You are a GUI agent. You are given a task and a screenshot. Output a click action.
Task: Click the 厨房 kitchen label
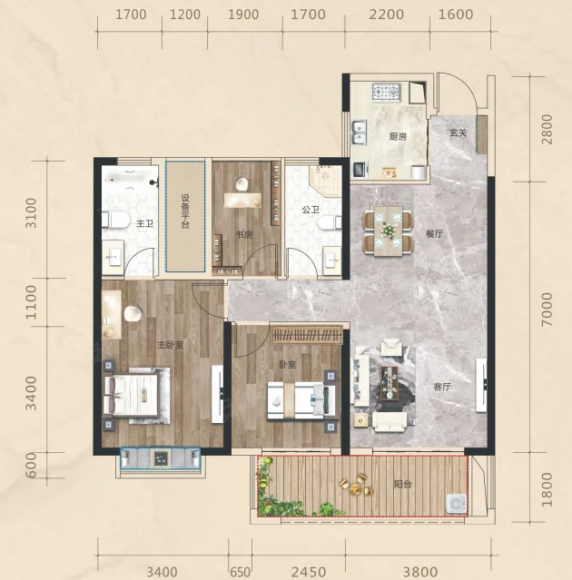[398, 136]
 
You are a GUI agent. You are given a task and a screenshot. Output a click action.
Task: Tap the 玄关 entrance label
[458, 133]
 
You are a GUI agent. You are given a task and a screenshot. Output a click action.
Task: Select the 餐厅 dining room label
[434, 234]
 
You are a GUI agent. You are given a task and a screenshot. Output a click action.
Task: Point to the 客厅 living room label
[442, 387]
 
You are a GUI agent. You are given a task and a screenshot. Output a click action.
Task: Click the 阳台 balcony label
[402, 484]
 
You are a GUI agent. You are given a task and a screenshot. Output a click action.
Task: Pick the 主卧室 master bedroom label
[170, 345]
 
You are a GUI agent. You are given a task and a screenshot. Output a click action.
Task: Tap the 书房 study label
[244, 235]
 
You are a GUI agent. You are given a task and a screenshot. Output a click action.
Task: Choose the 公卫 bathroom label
[311, 210]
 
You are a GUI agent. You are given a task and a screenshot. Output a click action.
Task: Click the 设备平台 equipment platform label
[185, 211]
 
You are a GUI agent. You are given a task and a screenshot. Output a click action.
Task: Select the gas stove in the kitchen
[386, 92]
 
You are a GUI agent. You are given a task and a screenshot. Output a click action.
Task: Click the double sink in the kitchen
[358, 133]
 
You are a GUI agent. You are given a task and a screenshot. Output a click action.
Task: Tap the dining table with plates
[388, 231]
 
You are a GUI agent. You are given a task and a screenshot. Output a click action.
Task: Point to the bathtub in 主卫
[130, 180]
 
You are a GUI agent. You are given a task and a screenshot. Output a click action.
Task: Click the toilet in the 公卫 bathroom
[330, 223]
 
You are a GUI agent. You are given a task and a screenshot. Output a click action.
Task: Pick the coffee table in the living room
[390, 383]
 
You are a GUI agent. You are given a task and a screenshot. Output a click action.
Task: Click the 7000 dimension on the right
[547, 310]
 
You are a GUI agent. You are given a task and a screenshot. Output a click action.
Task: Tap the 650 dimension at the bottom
[240, 572]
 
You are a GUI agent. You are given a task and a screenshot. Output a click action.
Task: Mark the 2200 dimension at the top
[386, 15]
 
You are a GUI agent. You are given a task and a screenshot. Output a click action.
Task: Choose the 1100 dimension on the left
[32, 302]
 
